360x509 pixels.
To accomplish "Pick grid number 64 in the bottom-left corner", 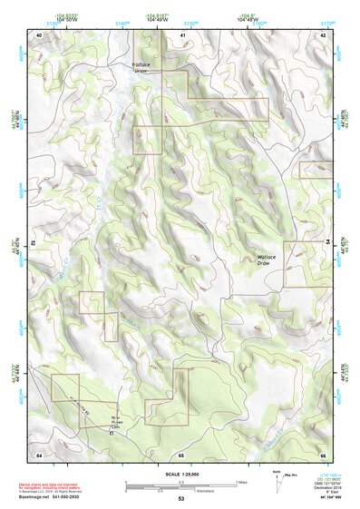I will [39, 453].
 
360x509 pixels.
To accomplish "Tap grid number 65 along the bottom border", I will [181, 453].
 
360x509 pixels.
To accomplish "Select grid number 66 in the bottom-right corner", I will [322, 453].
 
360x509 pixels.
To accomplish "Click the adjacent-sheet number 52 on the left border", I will [34, 243].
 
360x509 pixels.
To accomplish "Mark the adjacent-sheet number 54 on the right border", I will [327, 243].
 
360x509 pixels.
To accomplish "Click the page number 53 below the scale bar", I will [181, 499].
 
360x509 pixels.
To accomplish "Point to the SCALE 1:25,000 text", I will [181, 474].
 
